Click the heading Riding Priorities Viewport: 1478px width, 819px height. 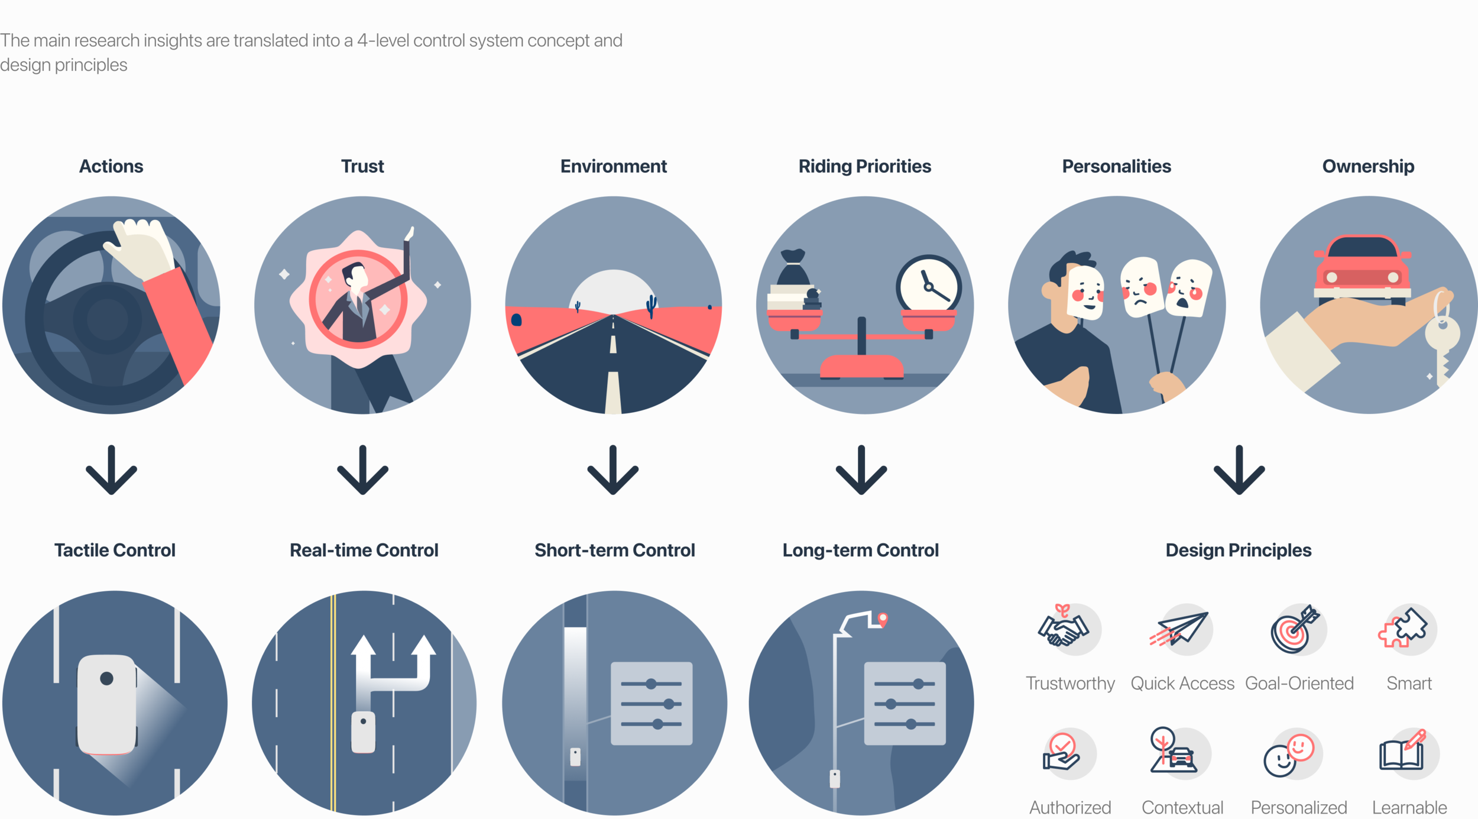point(864,166)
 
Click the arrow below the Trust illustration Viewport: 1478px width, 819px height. point(362,470)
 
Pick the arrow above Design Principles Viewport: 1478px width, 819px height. point(1239,470)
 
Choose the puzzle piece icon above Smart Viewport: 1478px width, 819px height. point(1404,629)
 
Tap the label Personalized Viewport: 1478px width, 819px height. point(1298,807)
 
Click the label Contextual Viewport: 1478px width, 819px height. point(1182,807)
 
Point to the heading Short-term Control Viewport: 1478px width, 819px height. point(614,551)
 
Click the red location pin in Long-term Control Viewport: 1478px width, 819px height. point(883,619)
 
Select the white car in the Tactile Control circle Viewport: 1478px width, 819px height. point(107,704)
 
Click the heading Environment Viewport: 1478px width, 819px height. point(613,166)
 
